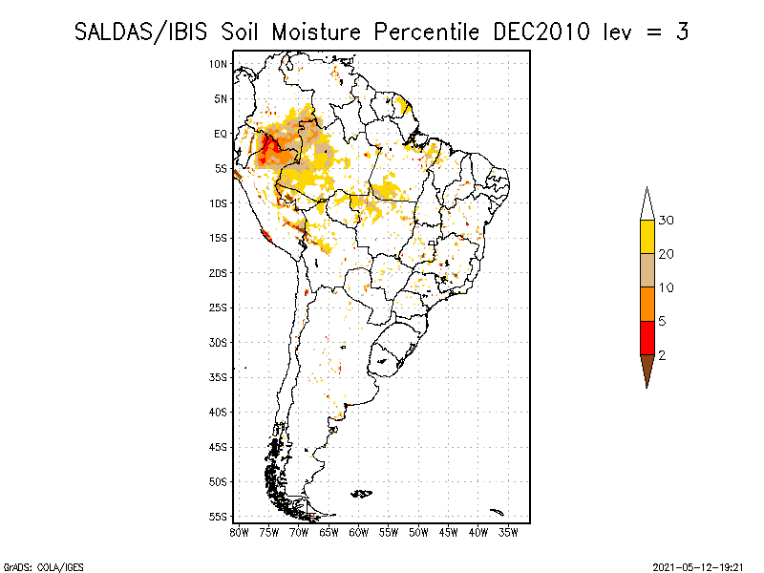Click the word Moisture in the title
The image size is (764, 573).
point(316,32)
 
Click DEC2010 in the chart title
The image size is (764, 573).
point(541,32)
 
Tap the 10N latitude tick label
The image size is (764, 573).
point(219,64)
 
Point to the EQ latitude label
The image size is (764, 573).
point(221,134)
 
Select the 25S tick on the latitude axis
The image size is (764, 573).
point(219,308)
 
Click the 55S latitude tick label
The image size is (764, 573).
point(219,517)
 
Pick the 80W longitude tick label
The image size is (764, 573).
point(239,533)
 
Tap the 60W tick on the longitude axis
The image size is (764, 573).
point(359,533)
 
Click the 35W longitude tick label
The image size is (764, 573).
point(508,533)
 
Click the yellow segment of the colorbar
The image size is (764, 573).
point(647,237)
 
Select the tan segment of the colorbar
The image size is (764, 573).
point(647,270)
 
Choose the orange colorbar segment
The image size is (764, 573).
point(647,304)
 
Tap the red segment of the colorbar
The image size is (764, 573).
point(647,338)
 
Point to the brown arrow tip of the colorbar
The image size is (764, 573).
point(647,389)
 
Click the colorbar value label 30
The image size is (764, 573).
point(666,221)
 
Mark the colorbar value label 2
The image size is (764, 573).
point(662,355)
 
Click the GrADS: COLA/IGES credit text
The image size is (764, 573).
point(43,567)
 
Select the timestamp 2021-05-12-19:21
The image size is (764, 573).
point(698,567)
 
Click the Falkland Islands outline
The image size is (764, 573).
point(362,494)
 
